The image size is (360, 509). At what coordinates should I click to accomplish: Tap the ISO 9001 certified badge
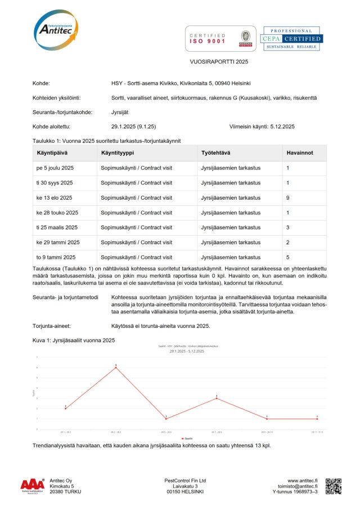[x=220, y=38]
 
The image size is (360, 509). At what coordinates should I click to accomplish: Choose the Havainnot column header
[x=299, y=153]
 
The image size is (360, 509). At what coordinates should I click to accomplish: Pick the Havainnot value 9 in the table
[x=288, y=198]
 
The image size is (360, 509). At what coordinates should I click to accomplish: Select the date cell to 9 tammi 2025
[x=55, y=257]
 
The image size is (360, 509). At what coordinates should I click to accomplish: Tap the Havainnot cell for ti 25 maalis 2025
[x=288, y=227]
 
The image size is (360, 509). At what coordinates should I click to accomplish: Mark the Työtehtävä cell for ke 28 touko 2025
[x=230, y=213]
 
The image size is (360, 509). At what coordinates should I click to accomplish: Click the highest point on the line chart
[x=116, y=367]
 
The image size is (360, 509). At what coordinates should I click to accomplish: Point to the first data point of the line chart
[x=65, y=408]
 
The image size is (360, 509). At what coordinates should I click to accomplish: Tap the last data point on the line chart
[x=317, y=418]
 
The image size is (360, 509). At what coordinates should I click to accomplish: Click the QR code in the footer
[x=334, y=486]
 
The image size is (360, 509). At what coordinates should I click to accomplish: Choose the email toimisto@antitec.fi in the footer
[x=298, y=487]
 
